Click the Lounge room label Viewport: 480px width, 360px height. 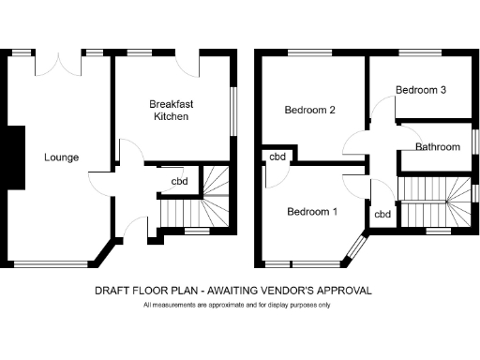tap(61, 157)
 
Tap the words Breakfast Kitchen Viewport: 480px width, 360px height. tap(171, 111)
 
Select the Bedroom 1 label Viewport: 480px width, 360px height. tap(312, 211)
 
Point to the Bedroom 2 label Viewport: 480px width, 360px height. tap(310, 110)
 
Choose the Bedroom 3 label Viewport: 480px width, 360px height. tap(420, 90)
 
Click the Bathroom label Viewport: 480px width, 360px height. tap(438, 147)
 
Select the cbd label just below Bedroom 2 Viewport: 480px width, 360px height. tap(277, 157)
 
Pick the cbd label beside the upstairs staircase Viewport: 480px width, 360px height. tap(382, 214)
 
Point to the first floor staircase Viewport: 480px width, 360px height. tap(438, 201)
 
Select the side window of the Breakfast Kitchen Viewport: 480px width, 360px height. tap(235, 108)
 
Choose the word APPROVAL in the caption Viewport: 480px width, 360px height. tap(347, 291)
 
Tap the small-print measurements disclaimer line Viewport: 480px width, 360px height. tap(236, 306)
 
